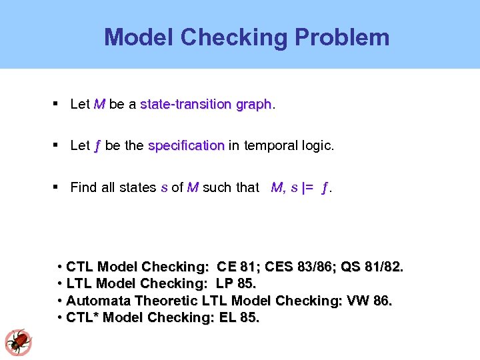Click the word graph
(x=253, y=105)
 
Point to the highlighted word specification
(x=186, y=145)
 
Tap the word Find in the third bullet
(x=83, y=187)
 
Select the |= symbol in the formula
(x=308, y=187)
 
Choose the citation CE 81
(x=237, y=267)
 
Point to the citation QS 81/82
(x=371, y=267)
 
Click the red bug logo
(x=18, y=343)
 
